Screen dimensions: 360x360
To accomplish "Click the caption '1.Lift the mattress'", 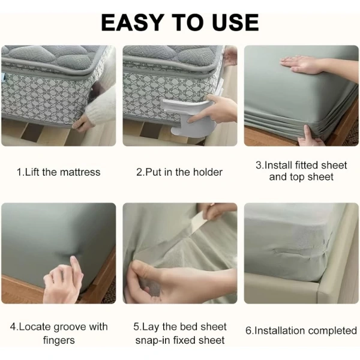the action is coord(59,172).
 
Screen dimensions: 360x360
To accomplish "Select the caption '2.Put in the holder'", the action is coord(179,172).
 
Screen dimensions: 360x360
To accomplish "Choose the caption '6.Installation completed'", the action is coord(301,331).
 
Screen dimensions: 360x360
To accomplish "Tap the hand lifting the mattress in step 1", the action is coord(83,124).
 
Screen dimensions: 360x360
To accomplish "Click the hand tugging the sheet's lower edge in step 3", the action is coord(310,137).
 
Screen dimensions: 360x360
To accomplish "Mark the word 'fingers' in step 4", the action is coord(59,340).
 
